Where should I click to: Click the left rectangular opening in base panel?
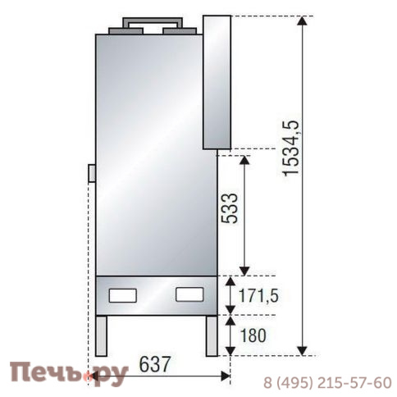(x=124, y=293)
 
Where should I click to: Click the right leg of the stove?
(x=211, y=337)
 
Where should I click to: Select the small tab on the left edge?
(x=92, y=173)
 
